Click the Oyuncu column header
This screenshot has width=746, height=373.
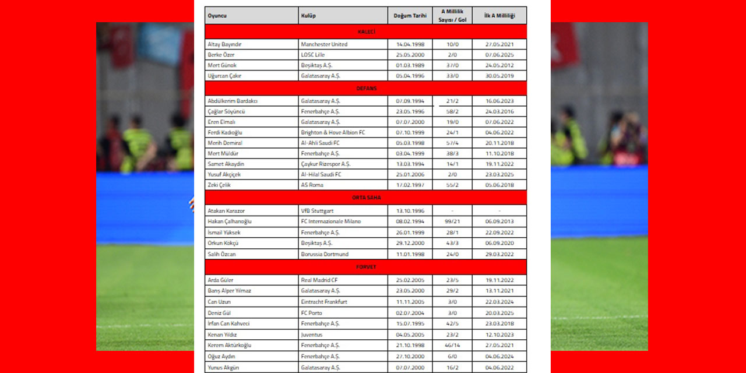click(x=217, y=16)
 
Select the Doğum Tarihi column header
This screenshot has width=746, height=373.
click(x=410, y=16)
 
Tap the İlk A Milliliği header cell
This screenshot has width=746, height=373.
click(x=499, y=16)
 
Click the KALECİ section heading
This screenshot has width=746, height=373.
click(x=366, y=31)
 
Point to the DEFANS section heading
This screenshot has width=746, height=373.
click(x=366, y=88)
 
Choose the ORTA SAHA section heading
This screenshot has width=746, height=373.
click(x=366, y=198)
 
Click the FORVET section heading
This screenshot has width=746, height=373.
click(x=366, y=267)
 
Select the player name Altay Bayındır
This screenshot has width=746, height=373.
click(x=224, y=44)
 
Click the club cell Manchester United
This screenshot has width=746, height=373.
click(x=324, y=44)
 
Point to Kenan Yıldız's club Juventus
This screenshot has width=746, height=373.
click(x=312, y=335)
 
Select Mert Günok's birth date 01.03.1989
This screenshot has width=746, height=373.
click(x=410, y=65)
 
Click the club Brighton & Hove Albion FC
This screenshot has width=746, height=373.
click(x=333, y=132)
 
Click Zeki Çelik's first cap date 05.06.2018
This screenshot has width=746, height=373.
click(x=499, y=185)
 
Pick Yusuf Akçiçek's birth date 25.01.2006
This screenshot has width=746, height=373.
click(x=410, y=174)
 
